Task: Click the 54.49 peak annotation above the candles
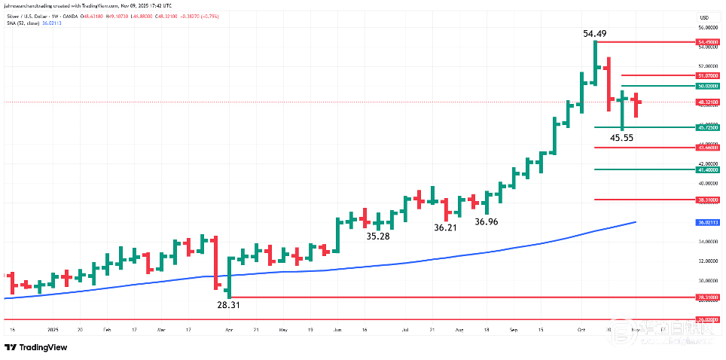click(595, 33)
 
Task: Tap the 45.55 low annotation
click(622, 138)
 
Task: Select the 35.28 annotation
click(378, 236)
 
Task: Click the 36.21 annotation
click(446, 227)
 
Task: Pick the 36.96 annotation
click(486, 221)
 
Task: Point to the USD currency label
click(705, 17)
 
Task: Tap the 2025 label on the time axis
click(53, 329)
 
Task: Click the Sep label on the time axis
click(514, 329)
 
